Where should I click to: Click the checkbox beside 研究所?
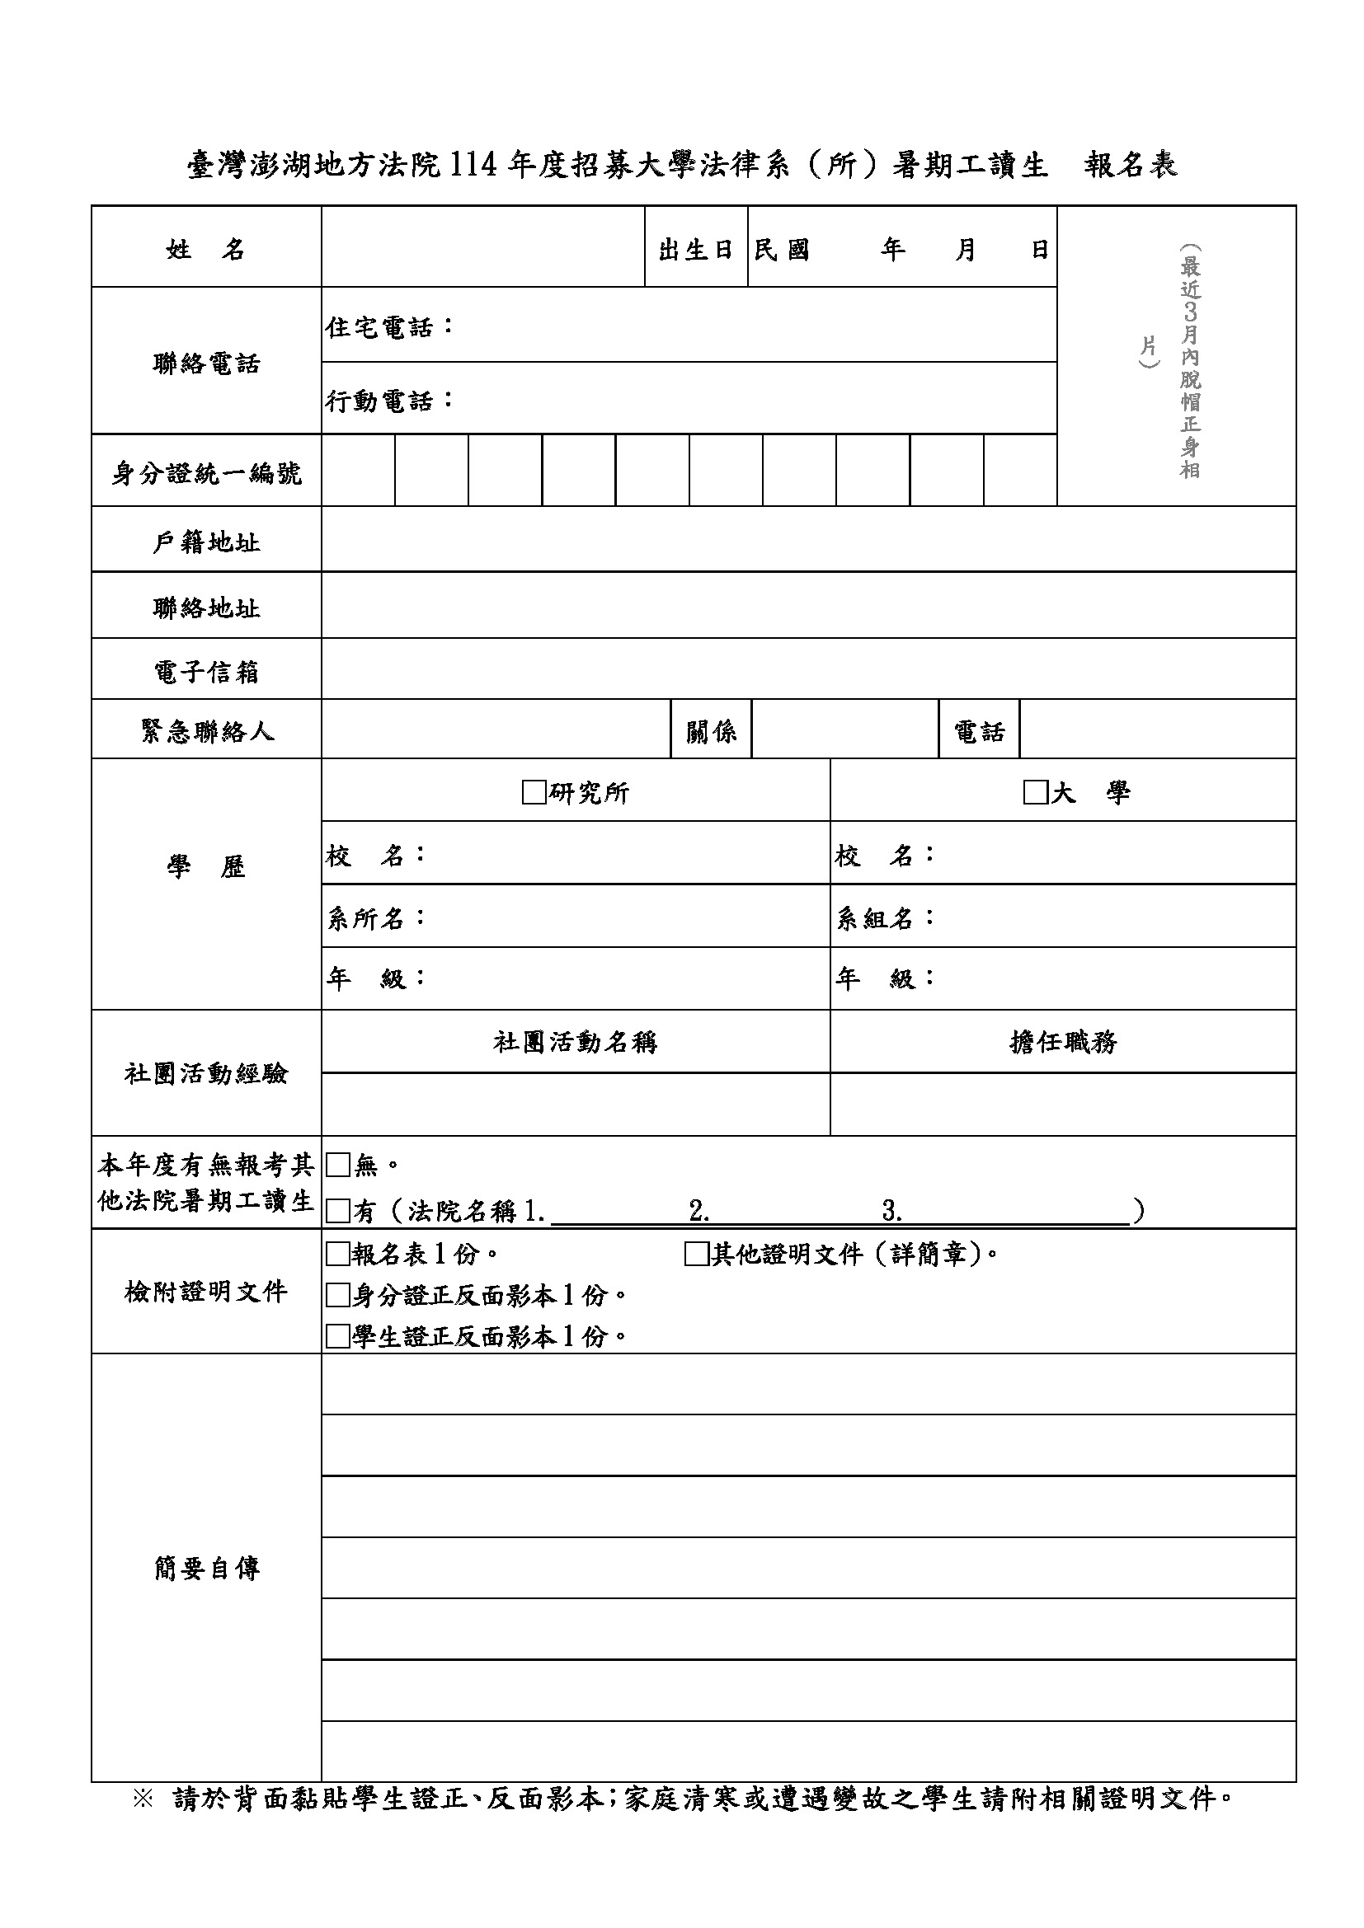point(534,792)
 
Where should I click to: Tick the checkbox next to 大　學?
point(1035,792)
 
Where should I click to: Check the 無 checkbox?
point(337,1165)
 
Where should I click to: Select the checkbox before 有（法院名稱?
point(337,1211)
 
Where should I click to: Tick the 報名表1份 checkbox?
point(337,1255)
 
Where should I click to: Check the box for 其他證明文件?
point(697,1255)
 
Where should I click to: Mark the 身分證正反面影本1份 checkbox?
point(337,1296)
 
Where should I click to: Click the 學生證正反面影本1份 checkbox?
point(337,1337)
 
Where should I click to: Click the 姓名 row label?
point(206,249)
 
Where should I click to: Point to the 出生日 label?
point(695,250)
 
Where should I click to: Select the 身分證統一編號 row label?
point(206,474)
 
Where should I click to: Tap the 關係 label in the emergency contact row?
point(711,731)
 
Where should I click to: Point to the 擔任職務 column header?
point(1062,1042)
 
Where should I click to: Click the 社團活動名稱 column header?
point(576,1042)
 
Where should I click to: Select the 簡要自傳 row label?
point(206,1568)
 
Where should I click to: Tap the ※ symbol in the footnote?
point(143,1799)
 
